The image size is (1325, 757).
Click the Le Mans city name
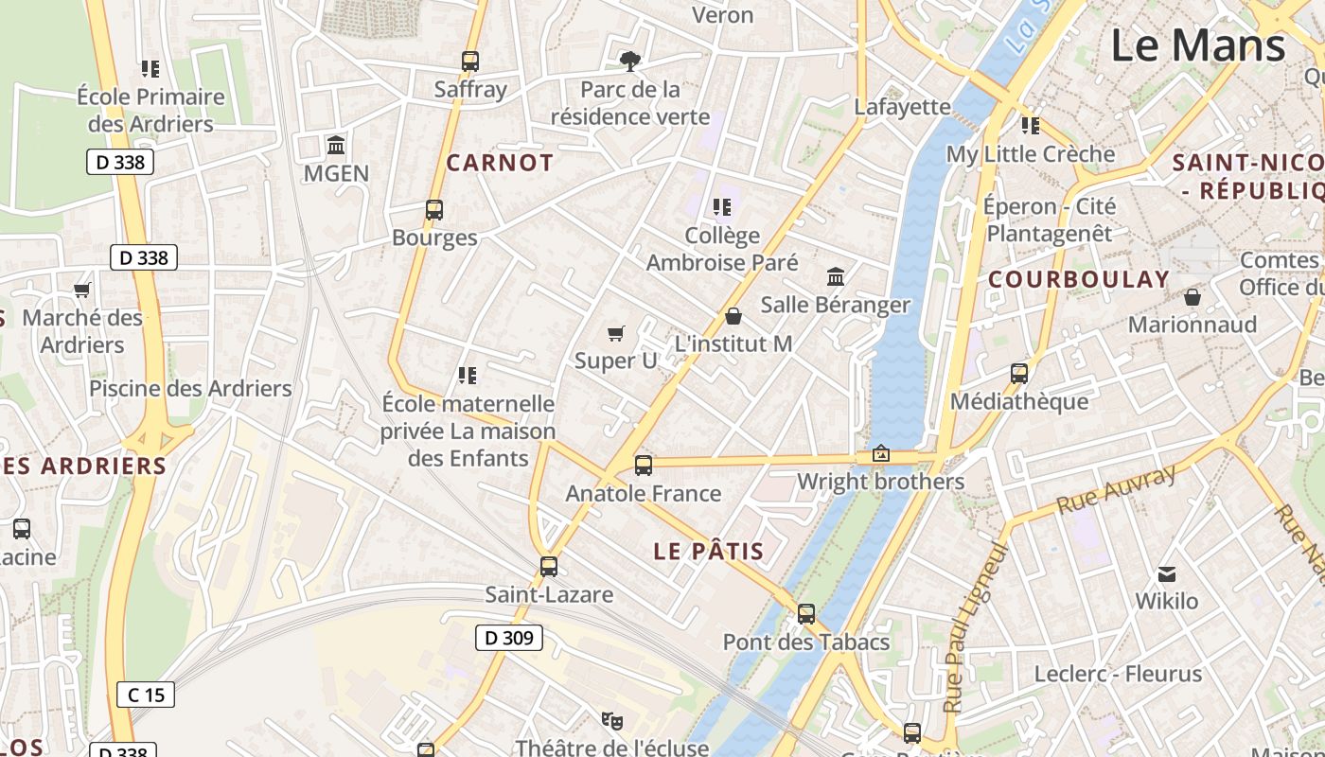tap(1197, 45)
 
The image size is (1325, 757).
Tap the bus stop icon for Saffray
tap(470, 62)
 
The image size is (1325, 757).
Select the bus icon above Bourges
tap(434, 210)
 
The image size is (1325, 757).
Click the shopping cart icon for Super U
tap(616, 333)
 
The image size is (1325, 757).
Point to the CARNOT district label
tap(500, 163)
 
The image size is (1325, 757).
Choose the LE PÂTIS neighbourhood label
tap(709, 552)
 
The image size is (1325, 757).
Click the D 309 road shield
tap(508, 638)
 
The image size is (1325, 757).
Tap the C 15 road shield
tap(146, 695)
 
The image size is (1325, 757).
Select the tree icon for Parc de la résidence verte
tap(629, 62)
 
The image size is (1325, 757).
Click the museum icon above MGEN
tap(336, 146)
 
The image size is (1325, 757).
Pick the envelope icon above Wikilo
tap(1167, 573)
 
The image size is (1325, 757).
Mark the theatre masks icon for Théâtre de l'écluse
tap(612, 721)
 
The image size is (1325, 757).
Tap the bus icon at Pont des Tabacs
tap(806, 614)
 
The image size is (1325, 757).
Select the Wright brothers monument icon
tap(881, 454)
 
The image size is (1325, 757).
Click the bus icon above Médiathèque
tap(1019, 374)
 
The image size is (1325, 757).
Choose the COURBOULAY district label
tap(1079, 279)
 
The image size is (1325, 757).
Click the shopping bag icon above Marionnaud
tap(1192, 297)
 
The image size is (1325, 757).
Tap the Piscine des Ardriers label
tap(190, 388)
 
